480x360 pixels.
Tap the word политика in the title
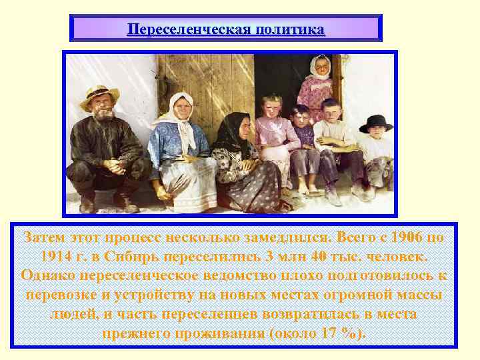290,30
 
